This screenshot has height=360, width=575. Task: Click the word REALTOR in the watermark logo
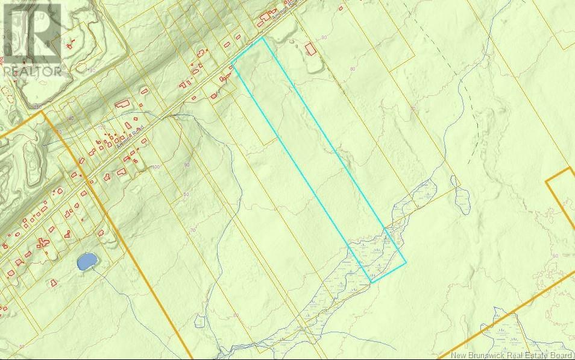click(33, 71)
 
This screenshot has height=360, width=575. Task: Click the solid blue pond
click(87, 261)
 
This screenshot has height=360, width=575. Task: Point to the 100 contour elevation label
click(156, 167)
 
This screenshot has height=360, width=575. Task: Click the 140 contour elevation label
click(71, 119)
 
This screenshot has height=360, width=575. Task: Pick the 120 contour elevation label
click(101, 127)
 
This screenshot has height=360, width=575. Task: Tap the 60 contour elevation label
click(555, 256)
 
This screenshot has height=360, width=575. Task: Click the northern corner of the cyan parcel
click(263, 38)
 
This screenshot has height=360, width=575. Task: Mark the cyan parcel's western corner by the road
click(233, 63)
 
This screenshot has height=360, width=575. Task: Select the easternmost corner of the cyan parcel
click(406, 262)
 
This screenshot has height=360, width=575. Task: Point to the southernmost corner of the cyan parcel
click(371, 282)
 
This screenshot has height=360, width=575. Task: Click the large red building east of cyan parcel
click(310, 49)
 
